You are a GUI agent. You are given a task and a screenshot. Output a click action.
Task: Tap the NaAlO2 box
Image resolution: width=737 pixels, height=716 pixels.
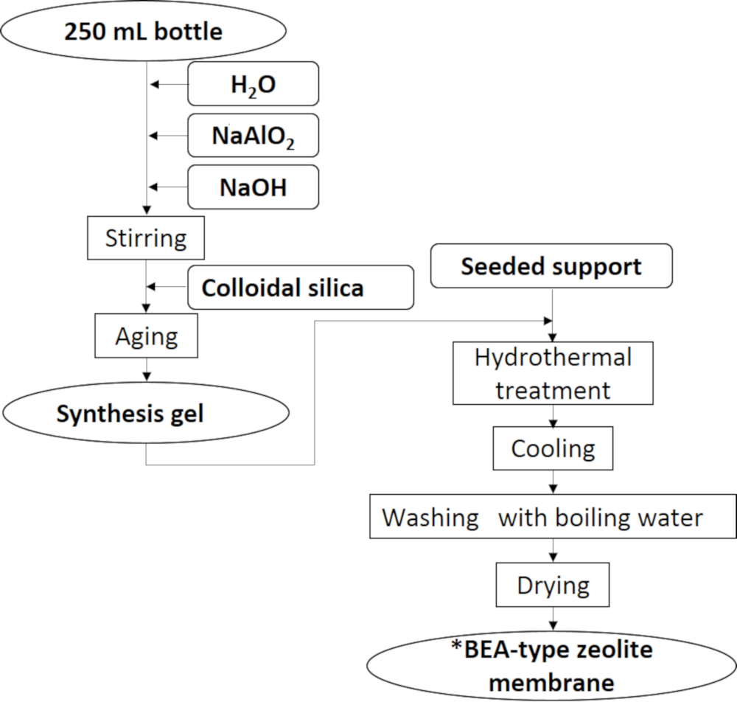coord(254,135)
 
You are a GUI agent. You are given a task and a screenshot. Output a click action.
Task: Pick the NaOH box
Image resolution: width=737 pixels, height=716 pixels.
coord(254,187)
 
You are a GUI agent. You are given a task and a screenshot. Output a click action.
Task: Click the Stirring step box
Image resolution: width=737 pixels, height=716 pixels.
coord(146,238)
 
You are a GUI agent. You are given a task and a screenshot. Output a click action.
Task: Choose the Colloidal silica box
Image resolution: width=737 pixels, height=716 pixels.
coord(300,287)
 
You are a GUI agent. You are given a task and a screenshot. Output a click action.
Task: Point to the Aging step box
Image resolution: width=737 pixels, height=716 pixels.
coord(147,336)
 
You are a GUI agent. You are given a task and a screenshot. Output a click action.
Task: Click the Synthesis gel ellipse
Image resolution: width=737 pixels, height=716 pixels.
coord(146,413)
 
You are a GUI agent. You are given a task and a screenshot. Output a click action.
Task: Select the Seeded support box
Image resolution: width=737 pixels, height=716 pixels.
coord(551,265)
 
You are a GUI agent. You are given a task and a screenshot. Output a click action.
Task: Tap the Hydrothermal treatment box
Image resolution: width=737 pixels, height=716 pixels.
coord(553,372)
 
